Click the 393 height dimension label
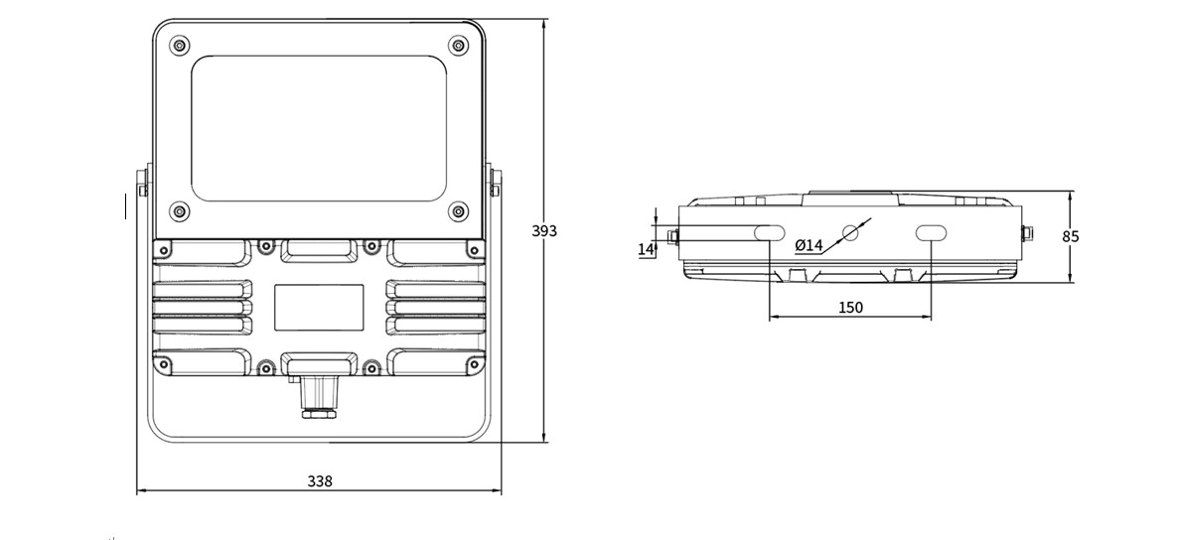pos(544,230)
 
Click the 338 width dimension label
pos(319,481)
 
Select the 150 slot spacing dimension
pos(849,307)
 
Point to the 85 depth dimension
pos(1071,236)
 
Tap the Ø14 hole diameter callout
pos(809,245)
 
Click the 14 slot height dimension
pos(646,248)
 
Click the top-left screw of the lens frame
pos(180,45)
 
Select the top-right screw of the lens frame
pos(458,45)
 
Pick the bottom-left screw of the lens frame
pos(180,211)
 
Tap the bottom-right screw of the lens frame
pos(458,211)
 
